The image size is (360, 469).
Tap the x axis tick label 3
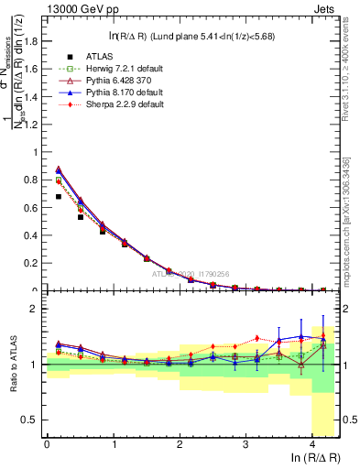click(245, 444)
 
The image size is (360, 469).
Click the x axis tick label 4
click(312, 444)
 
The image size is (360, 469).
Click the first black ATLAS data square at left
click(59, 196)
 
